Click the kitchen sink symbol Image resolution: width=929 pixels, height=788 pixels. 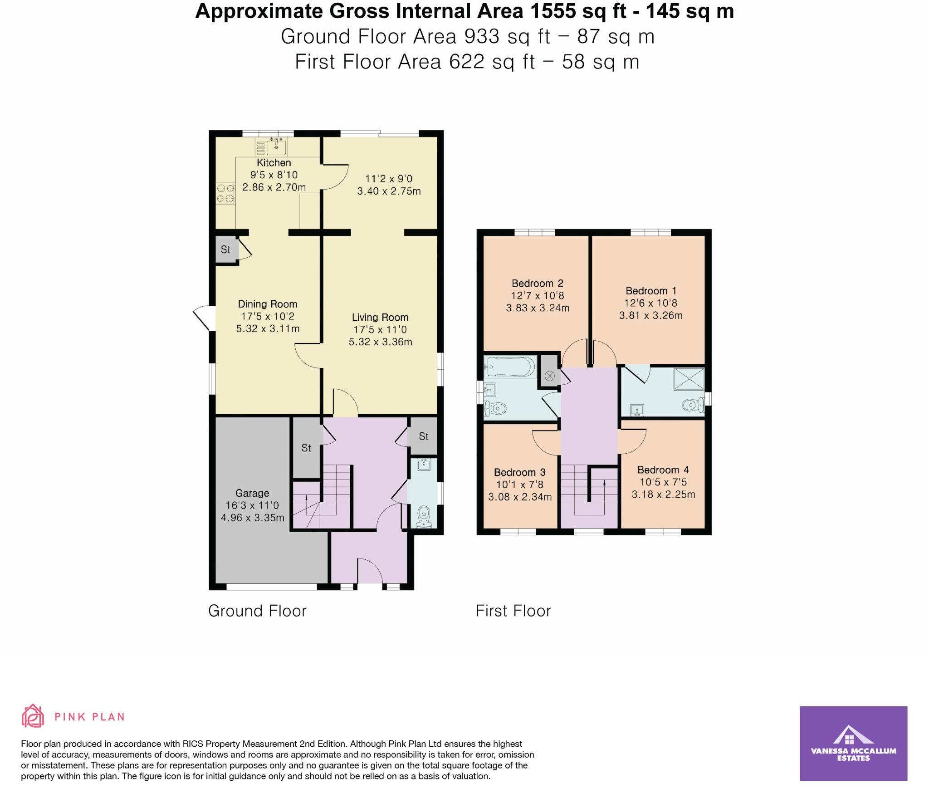pos(276,147)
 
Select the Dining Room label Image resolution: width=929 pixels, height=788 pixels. pos(267,304)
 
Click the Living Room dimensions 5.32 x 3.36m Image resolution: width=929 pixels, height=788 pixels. pos(380,342)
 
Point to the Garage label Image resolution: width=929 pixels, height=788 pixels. pos(252,493)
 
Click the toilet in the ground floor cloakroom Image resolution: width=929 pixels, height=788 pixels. pos(423,514)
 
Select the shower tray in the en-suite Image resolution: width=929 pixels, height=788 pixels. pos(689,379)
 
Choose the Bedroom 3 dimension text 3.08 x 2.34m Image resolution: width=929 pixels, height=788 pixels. pos(520,497)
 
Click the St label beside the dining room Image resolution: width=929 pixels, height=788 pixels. pos(225,250)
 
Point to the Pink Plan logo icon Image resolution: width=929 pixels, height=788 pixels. pos(33,716)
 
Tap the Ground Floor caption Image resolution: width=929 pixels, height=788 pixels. pos(257,611)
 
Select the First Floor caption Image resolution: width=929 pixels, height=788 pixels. pos(513,611)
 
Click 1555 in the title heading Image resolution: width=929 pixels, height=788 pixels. pos(553,11)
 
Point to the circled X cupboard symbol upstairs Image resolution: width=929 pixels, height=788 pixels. pos(550,376)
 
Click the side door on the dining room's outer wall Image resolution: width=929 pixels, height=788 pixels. pos(203,318)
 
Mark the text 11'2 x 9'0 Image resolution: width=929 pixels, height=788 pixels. pos(389,179)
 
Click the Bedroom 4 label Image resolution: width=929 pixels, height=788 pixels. pos(663,470)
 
